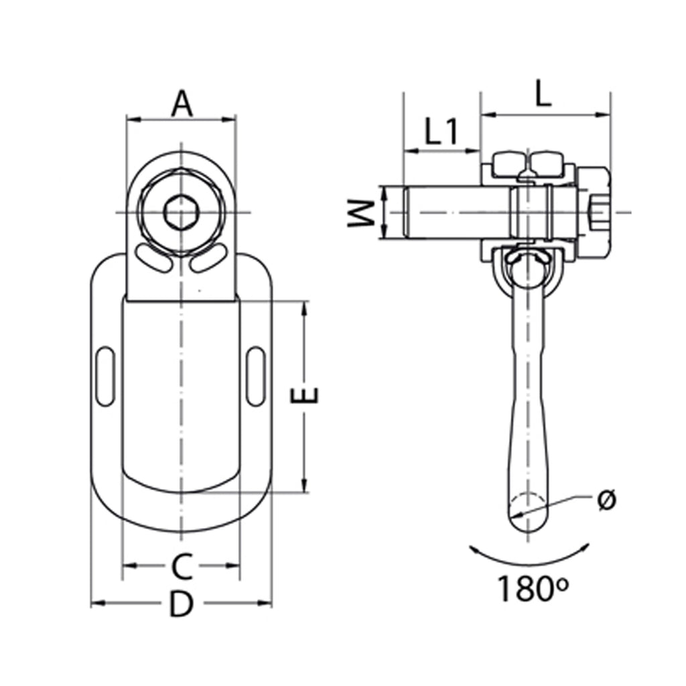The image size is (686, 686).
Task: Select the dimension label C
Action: (181, 567)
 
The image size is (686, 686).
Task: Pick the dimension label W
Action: (361, 213)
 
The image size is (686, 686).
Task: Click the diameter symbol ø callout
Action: (606, 500)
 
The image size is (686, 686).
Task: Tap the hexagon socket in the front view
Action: (181, 213)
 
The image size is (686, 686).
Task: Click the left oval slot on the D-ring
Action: (105, 376)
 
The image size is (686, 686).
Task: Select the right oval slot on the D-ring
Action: (256, 376)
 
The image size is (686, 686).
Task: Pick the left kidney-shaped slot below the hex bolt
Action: (153, 259)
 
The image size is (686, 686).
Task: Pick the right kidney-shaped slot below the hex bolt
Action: (208, 259)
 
